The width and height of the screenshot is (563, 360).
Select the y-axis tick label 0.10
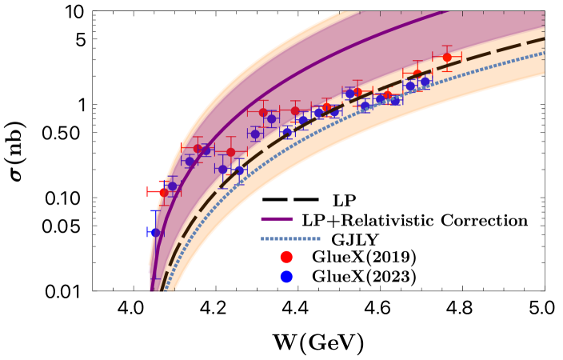tap(63, 198)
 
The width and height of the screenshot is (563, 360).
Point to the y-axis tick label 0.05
tap(63, 226)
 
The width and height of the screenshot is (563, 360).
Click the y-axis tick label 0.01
tap(63, 291)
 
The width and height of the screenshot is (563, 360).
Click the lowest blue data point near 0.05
tap(156, 233)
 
